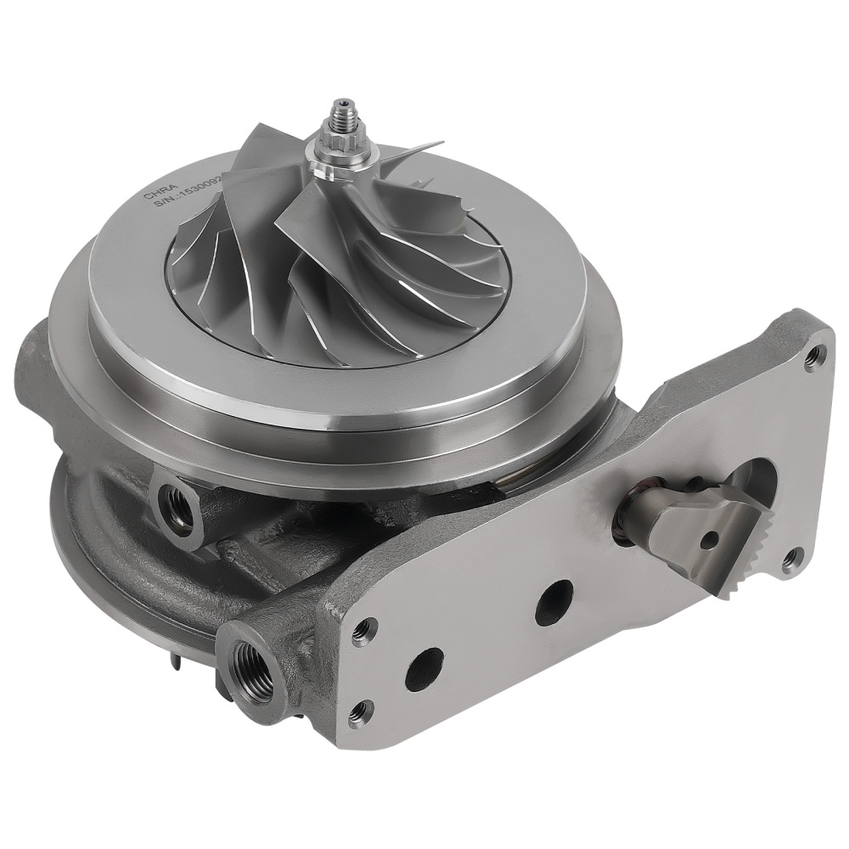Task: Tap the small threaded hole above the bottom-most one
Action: [x=365, y=629]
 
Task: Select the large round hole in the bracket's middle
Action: [x=554, y=601]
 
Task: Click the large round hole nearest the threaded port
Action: [x=424, y=668]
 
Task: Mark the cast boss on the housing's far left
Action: [x=30, y=374]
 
